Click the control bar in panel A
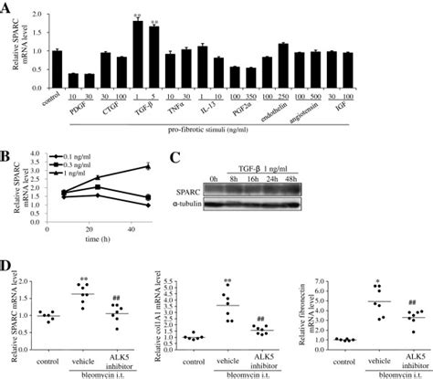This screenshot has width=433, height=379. pyautogui.click(x=56, y=69)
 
